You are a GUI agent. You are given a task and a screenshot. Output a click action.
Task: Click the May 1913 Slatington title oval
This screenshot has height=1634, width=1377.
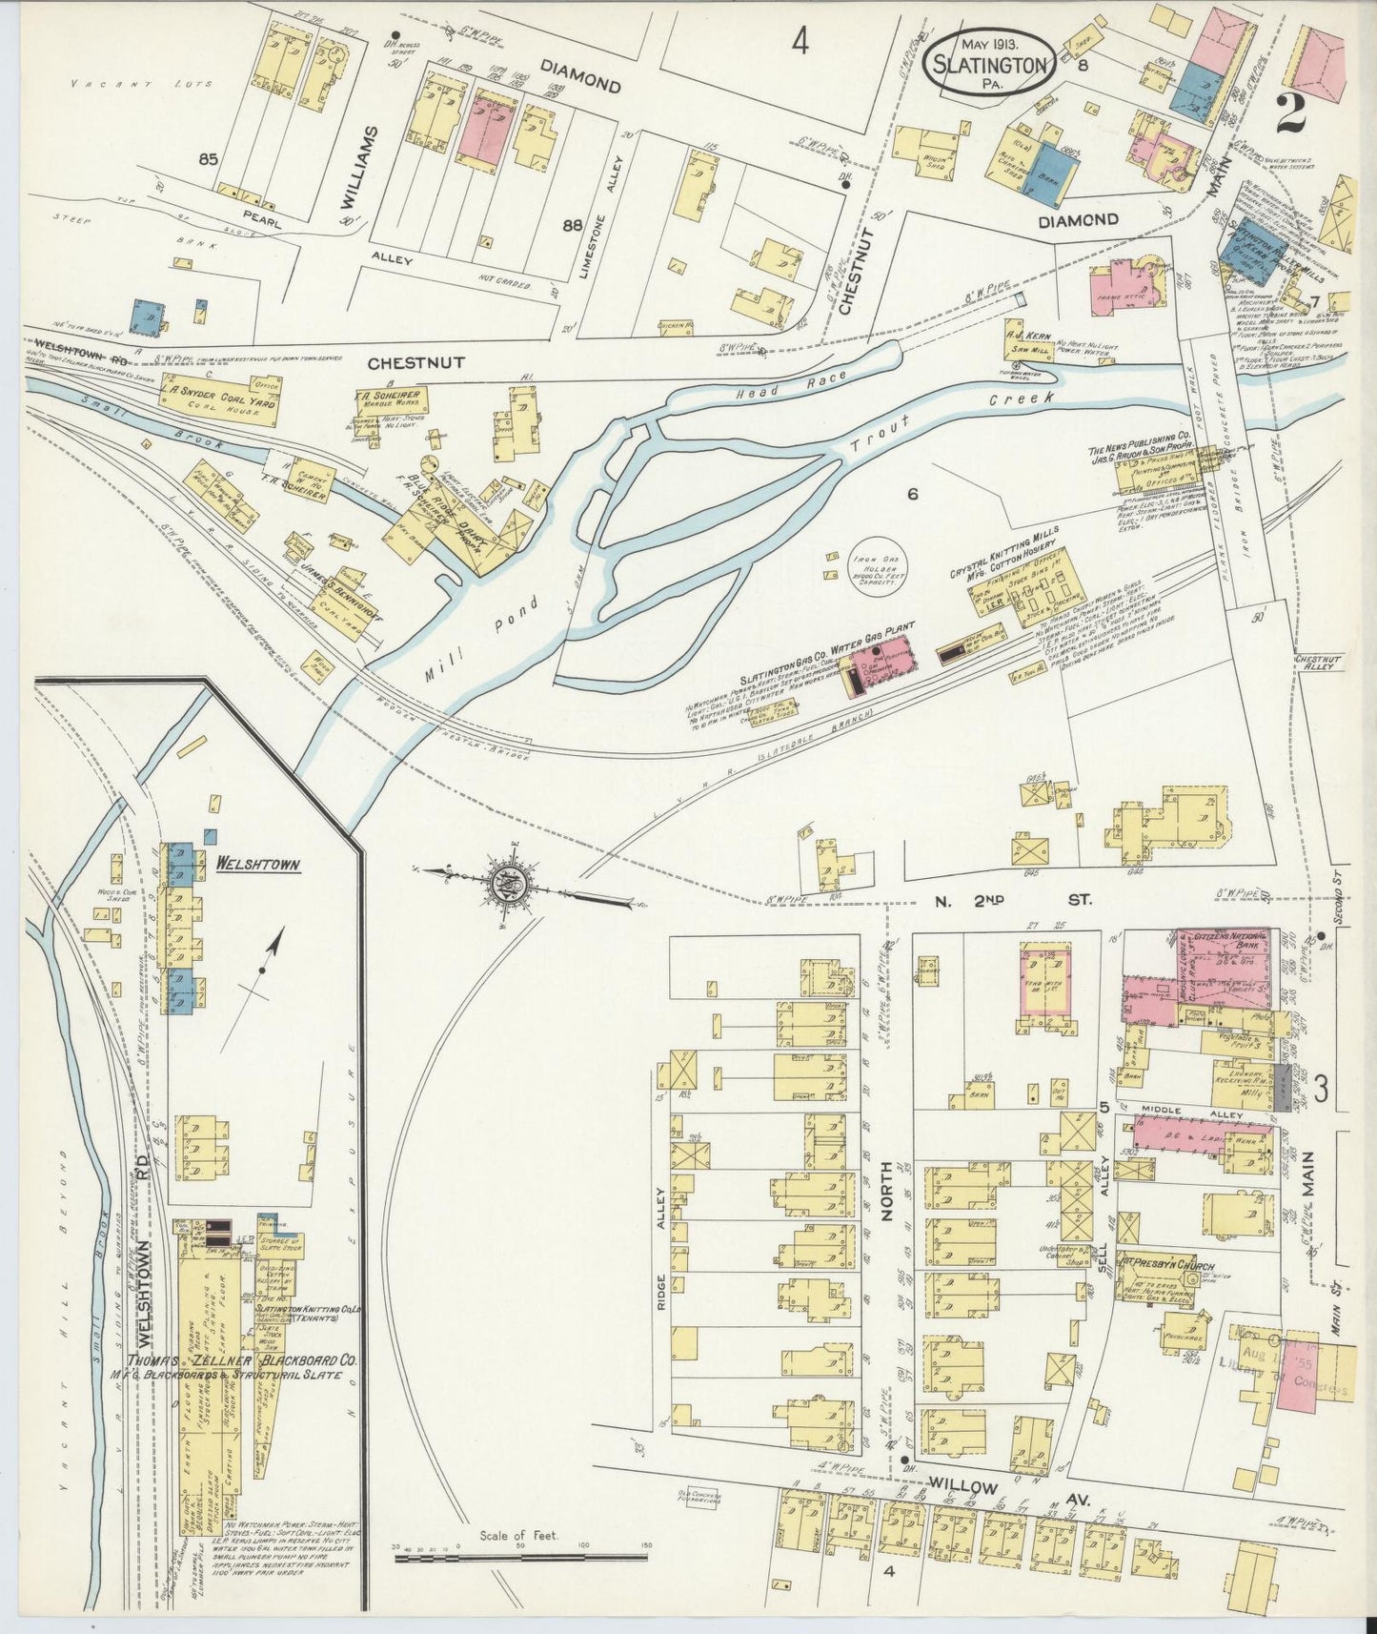[991, 62]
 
